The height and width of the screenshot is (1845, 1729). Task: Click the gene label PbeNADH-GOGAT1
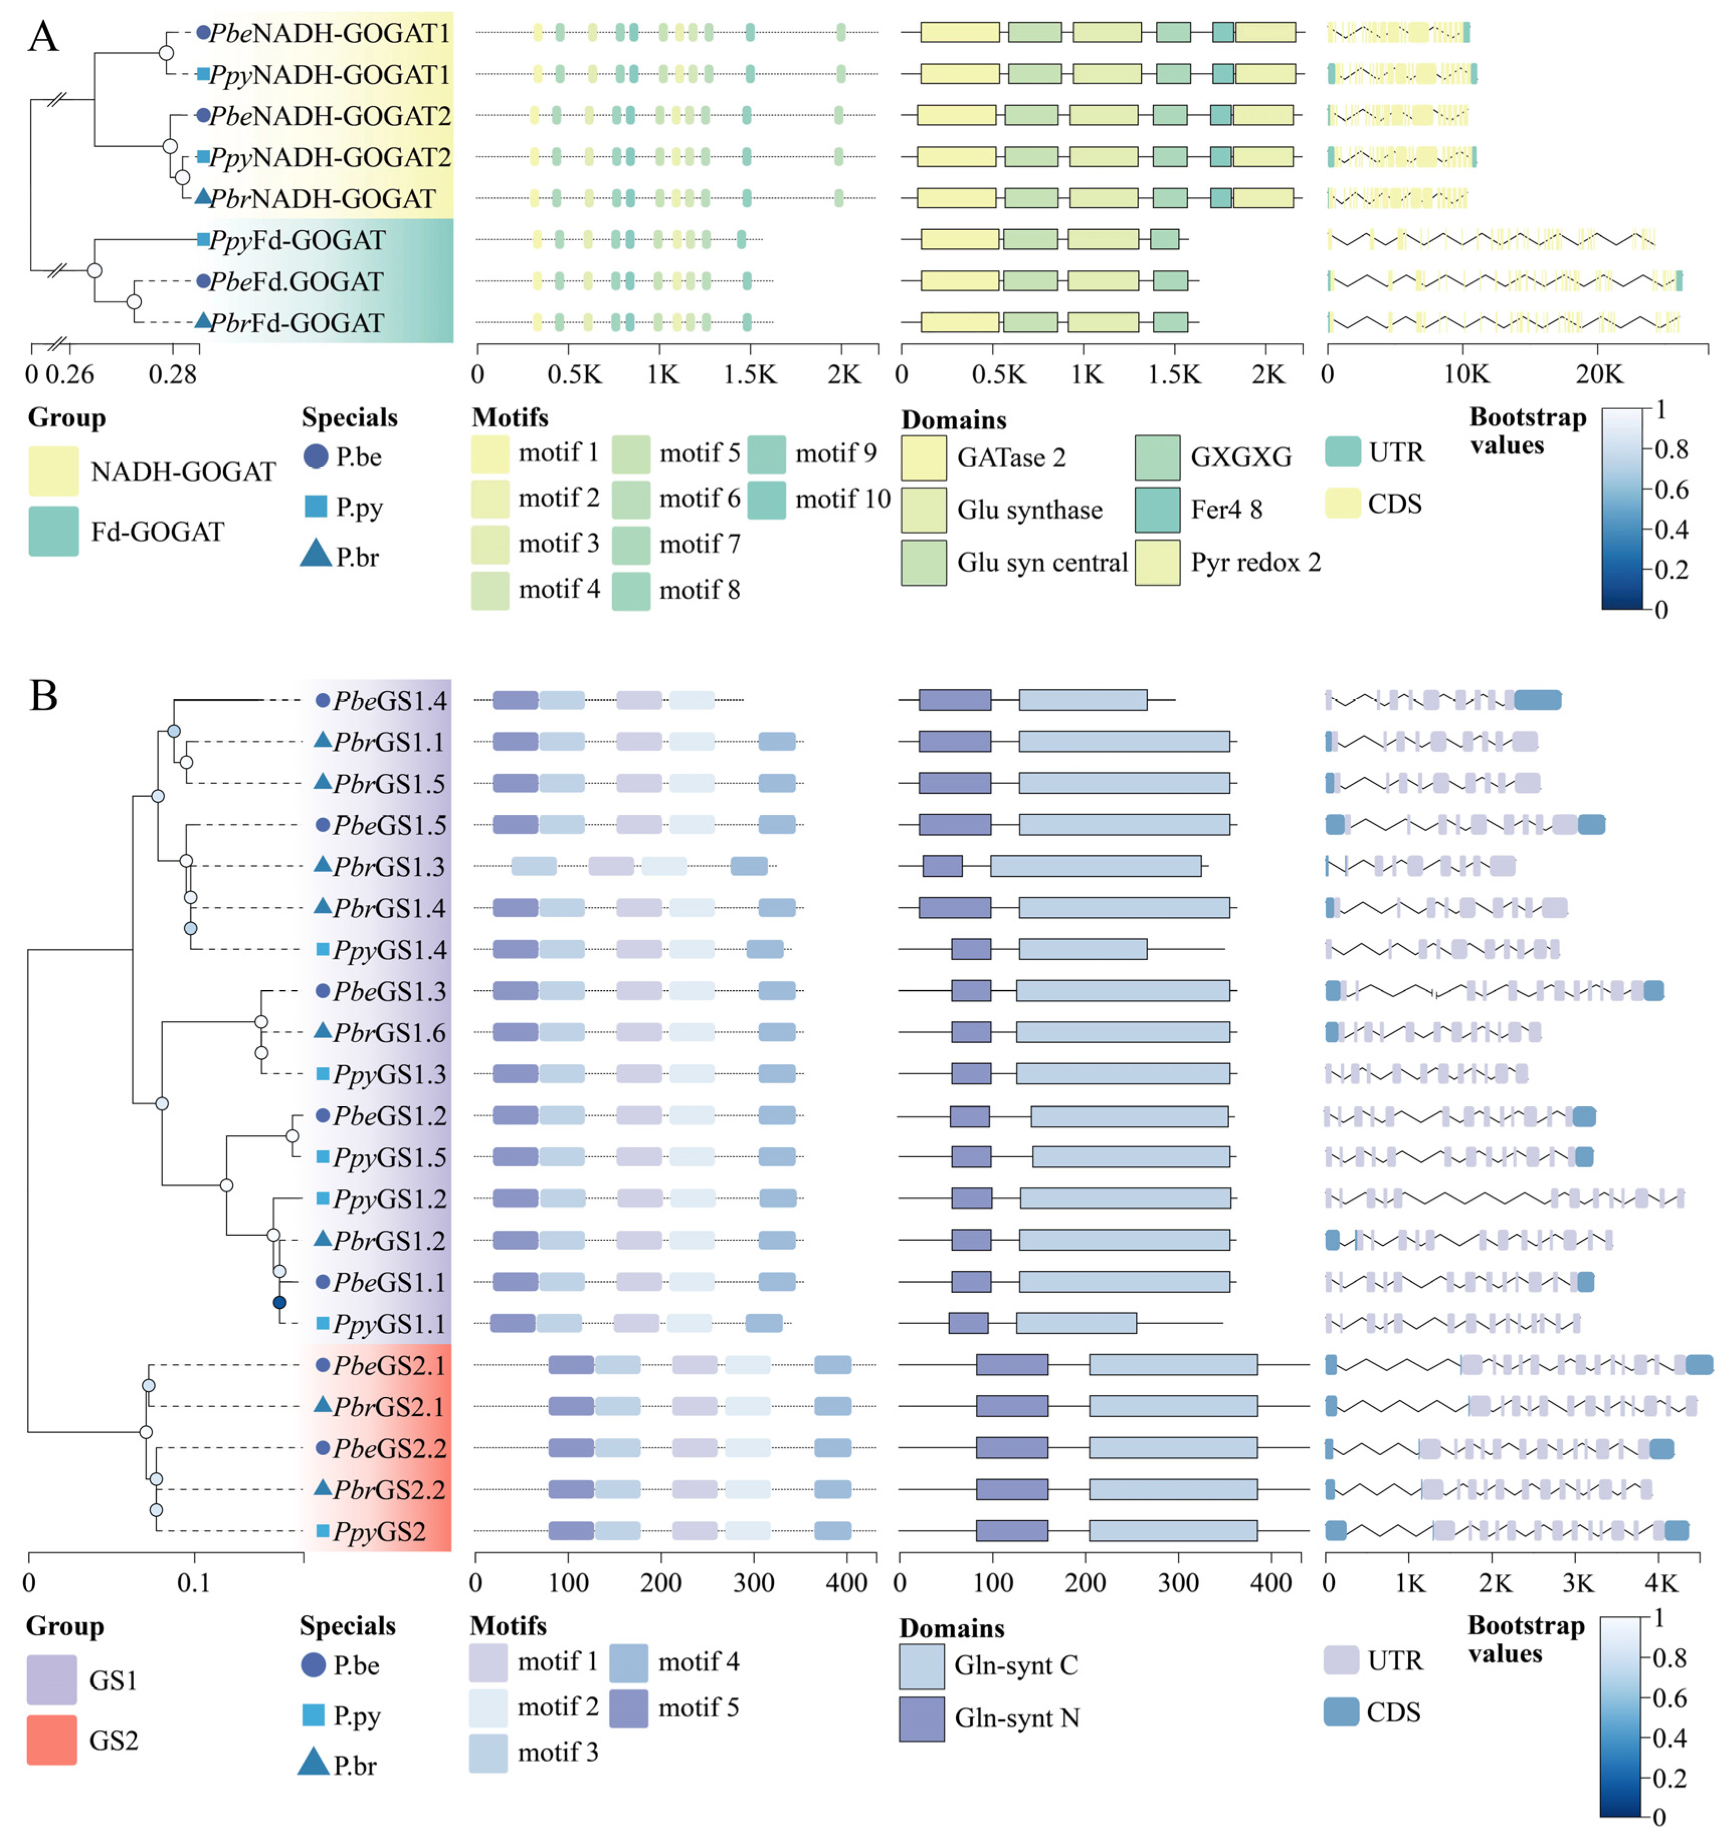329,33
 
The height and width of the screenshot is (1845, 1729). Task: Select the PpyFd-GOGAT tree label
297,240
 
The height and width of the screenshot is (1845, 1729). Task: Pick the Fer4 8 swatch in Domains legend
1157,509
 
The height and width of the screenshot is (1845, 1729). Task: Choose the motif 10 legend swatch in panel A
767,499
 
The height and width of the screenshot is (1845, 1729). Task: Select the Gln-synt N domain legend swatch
922,1719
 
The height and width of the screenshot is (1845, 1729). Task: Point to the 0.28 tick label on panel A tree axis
172,375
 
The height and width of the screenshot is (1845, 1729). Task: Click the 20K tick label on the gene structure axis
1599,375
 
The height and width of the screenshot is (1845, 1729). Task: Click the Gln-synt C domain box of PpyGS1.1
1075,1324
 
